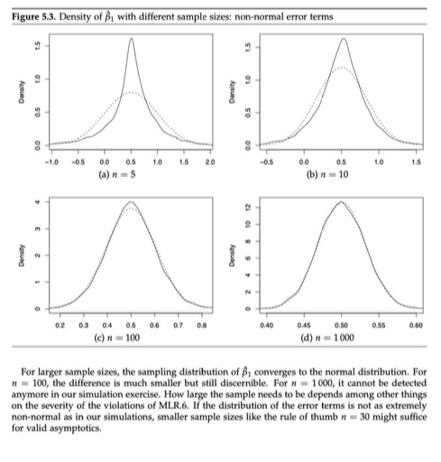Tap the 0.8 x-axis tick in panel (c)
pyautogui.click(x=203, y=322)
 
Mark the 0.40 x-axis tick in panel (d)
pyautogui.click(x=266, y=322)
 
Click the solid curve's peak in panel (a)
pyautogui.click(x=132, y=39)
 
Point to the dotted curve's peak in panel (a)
pyautogui.click(x=131, y=91)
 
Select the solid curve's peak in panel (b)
pyautogui.click(x=343, y=39)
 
